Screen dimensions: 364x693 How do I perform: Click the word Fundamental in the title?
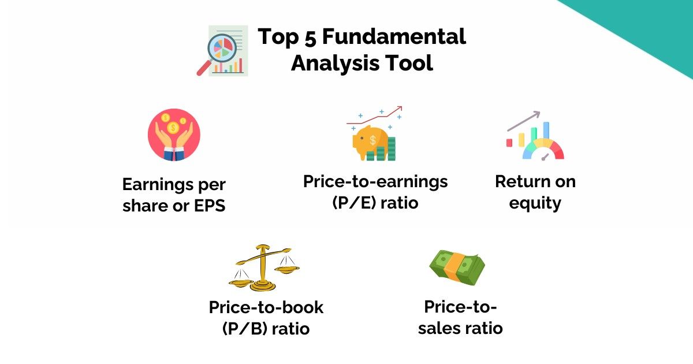[x=393, y=37]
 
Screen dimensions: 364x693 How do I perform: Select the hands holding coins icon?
[x=174, y=135]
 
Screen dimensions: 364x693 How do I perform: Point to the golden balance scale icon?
[x=264, y=267]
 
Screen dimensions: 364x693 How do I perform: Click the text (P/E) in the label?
[x=353, y=203]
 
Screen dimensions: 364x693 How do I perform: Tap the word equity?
[x=535, y=203]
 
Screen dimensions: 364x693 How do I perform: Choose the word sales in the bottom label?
[x=444, y=328]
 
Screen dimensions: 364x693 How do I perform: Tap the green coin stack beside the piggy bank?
[x=392, y=149]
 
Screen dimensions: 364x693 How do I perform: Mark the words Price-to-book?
[x=266, y=307]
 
